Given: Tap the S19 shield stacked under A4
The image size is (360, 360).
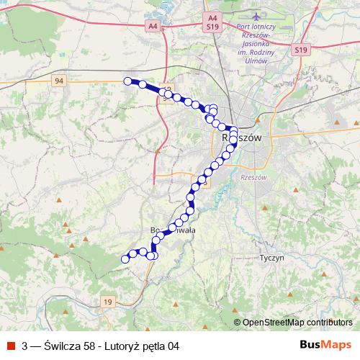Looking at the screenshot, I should pos(212,25).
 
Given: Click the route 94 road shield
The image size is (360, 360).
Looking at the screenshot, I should pos(59,81).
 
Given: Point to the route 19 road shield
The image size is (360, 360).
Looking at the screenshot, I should pos(108,302).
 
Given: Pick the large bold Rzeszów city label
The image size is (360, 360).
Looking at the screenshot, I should pos(240,137).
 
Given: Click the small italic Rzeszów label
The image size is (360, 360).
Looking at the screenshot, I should pos(254,177).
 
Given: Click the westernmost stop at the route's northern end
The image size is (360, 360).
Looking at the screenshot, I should pos(128,81).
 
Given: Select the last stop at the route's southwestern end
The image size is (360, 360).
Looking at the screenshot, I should pos(125,258).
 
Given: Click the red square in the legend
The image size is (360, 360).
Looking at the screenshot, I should pos(11,346).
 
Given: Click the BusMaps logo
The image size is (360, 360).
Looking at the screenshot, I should pos(325,345).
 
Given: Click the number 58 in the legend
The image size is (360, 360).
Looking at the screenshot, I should pos(91,346).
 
